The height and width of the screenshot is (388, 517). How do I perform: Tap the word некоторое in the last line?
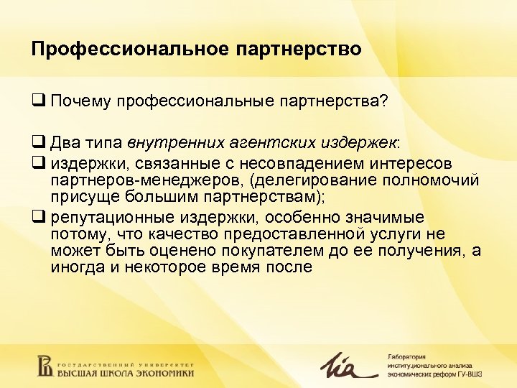[168, 267]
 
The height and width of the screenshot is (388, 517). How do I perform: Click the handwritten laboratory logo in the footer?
[349, 364]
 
